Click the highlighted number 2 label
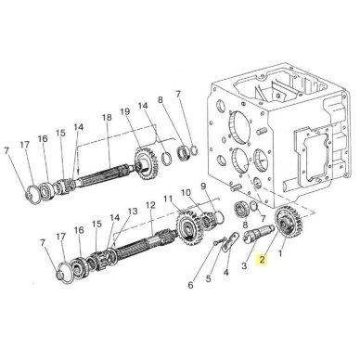tap(263, 260)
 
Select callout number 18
tap(107, 118)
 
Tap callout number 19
tap(125, 111)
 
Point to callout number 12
tap(150, 205)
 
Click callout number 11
tap(168, 199)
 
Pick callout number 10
tap(186, 192)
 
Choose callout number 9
tap(203, 186)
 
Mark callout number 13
tap(133, 212)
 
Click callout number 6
tap(190, 285)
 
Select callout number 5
tap(209, 278)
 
